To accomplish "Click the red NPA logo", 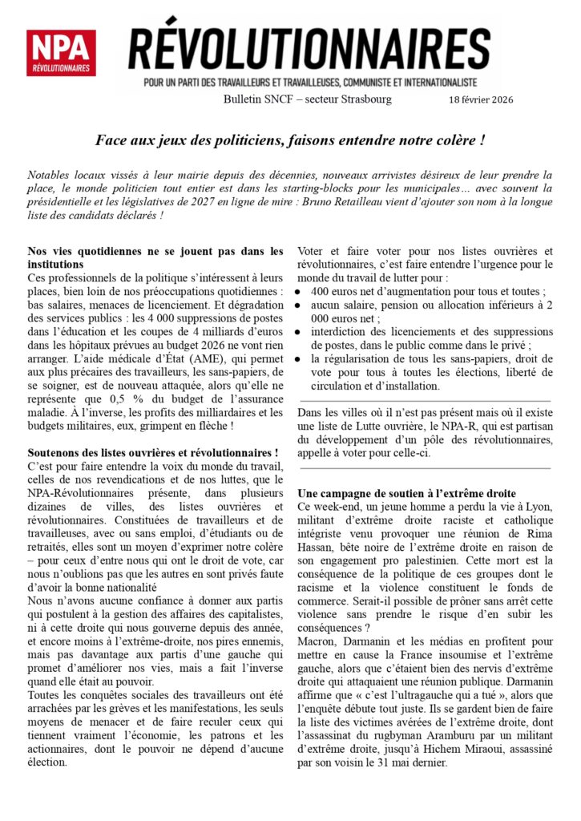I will point(61,53).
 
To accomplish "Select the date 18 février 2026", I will point(480,99).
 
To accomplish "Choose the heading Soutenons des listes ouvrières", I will point(153,454).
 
